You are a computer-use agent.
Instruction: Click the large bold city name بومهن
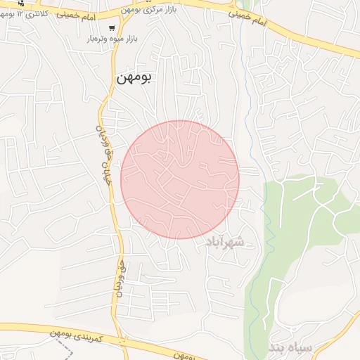pos(136,79)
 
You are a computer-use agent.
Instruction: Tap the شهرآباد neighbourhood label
pos(226,243)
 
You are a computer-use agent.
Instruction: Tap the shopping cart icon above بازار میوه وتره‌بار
pos(112,28)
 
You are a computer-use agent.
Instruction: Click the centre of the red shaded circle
pos(180,179)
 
